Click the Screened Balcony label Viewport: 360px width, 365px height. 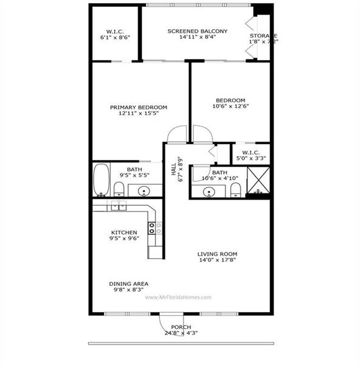click(x=197, y=31)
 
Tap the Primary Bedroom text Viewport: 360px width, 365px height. click(x=139, y=107)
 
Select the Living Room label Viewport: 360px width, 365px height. click(x=217, y=254)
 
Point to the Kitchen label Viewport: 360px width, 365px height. click(x=123, y=232)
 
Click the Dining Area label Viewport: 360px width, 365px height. click(x=128, y=283)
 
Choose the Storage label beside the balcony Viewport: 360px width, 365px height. click(x=263, y=36)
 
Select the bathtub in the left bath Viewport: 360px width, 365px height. click(x=102, y=179)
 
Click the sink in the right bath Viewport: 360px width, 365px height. click(x=209, y=192)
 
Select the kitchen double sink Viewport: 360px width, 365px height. click(x=118, y=206)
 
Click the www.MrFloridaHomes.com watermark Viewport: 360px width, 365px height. click(x=178, y=297)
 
